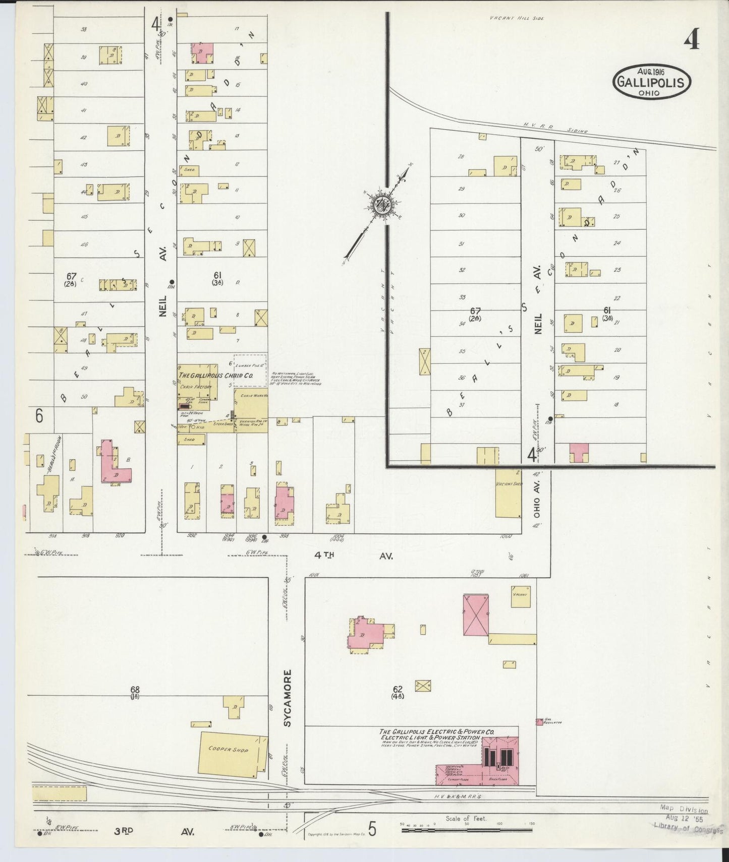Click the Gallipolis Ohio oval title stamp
point(652,82)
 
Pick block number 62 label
point(397,692)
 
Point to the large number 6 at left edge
point(39,416)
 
